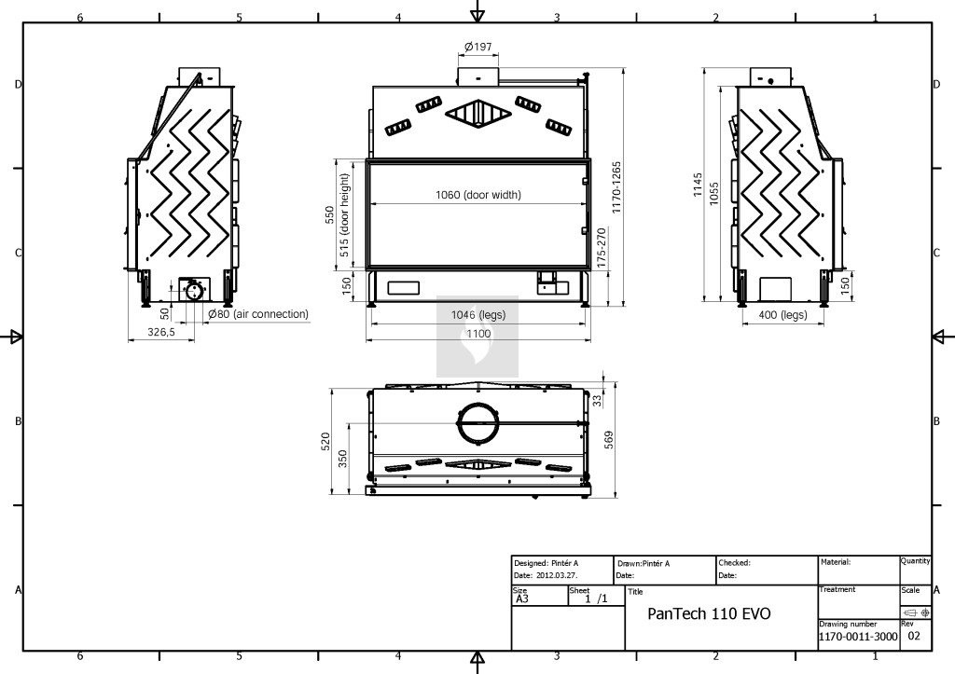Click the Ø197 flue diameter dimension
478,47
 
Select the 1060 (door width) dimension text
478,195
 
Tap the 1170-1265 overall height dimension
616,187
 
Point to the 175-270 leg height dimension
602,248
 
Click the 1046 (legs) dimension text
478,315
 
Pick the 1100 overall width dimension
478,334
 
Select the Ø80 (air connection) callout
258,314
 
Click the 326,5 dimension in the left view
161,332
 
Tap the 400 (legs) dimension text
782,315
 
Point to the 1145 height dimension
698,185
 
